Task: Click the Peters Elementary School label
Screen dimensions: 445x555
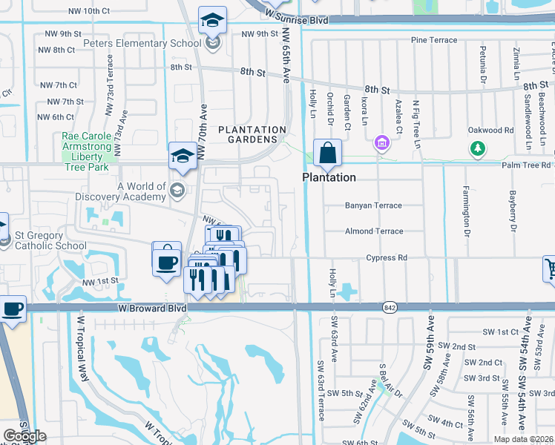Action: (x=137, y=43)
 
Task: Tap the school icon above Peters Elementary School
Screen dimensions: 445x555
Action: (x=212, y=22)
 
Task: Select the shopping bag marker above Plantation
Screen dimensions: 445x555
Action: (x=327, y=154)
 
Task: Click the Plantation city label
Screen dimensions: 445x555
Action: (x=328, y=178)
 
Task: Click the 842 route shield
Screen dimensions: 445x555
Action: (x=389, y=307)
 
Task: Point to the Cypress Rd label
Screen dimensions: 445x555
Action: (x=386, y=257)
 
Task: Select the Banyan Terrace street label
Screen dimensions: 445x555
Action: (x=372, y=205)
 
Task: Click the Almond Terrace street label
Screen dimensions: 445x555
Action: (x=373, y=231)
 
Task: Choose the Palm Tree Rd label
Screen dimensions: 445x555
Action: (x=527, y=165)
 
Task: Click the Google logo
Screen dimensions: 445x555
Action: (x=24, y=436)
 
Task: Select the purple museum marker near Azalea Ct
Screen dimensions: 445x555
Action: (x=382, y=142)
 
